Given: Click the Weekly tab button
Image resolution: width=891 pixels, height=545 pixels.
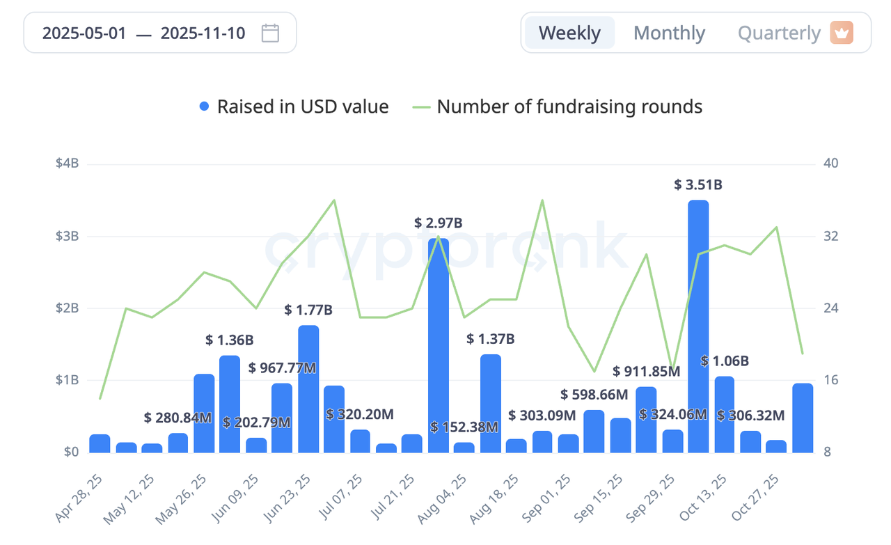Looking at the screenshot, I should pos(569,33).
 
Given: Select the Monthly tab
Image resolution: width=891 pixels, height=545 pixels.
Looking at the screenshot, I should pos(670,33).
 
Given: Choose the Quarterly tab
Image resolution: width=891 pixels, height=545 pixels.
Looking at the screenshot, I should pos(779,33).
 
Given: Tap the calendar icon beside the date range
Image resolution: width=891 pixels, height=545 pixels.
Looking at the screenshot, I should pos(270,33).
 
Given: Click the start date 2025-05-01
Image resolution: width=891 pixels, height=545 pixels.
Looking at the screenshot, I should pos(84,33).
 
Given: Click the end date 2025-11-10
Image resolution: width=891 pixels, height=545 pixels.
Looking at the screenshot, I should pos(203,33).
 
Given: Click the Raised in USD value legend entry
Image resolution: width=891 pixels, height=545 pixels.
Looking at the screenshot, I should pos(294,107).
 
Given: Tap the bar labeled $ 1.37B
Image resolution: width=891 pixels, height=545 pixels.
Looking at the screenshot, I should pos(490,403).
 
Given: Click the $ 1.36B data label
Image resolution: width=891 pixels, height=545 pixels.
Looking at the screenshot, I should pos(229,340).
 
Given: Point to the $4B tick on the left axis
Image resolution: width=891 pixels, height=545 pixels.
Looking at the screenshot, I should pos(68,164).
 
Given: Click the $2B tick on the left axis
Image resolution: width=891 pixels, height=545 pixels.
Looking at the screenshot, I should pos(68,308).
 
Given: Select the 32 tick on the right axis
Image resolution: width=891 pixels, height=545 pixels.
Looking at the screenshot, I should pos(830,236).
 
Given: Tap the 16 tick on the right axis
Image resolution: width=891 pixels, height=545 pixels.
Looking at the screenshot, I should pos(830,381).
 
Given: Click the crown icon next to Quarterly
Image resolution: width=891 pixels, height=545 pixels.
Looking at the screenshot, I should pos(842,33).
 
